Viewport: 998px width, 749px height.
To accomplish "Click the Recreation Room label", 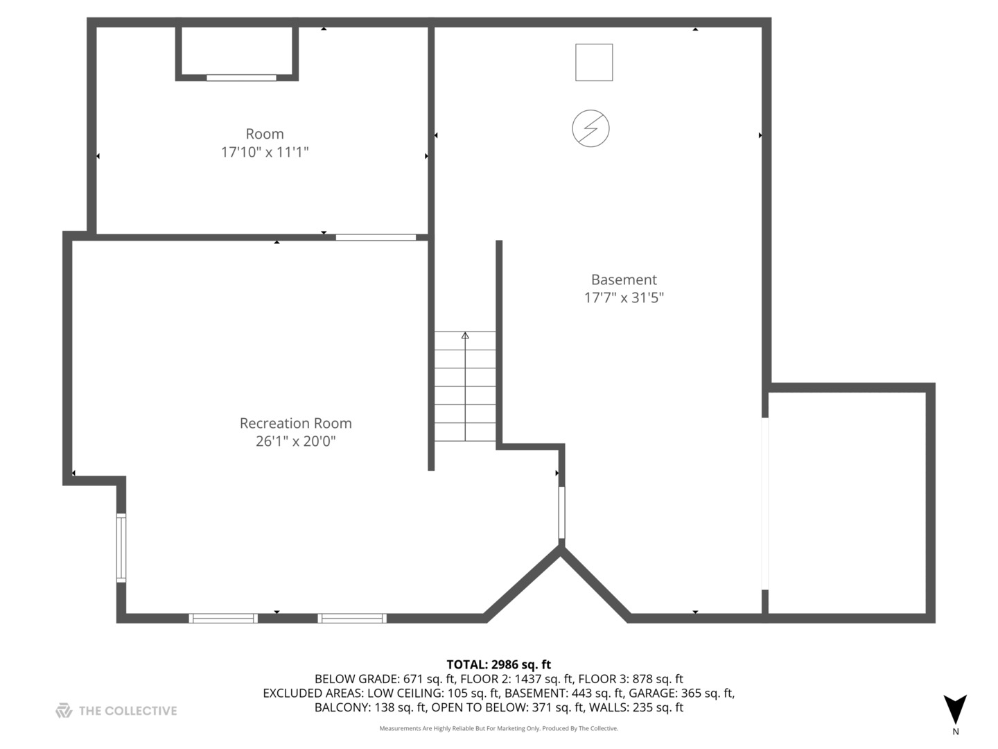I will click(295, 423).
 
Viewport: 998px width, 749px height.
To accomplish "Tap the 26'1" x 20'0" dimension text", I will click(295, 441).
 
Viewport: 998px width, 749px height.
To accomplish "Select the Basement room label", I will click(624, 279).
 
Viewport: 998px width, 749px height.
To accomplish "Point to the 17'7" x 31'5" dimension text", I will click(624, 298).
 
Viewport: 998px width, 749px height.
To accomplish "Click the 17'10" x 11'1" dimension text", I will click(265, 152).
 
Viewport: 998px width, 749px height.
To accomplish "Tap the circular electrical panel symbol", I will click(590, 129).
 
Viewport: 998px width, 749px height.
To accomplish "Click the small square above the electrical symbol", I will click(594, 62).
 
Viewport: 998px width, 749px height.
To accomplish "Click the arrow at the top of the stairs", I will click(465, 336).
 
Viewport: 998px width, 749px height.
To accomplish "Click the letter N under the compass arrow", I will click(956, 731).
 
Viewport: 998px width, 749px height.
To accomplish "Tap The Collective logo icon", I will click(64, 710).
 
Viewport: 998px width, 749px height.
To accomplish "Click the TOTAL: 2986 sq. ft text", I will click(498, 664).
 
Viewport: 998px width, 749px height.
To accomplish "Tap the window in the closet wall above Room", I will click(241, 78).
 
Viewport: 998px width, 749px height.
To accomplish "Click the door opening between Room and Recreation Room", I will click(376, 237).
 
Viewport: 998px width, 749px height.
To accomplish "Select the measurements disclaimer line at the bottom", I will click(498, 728).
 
